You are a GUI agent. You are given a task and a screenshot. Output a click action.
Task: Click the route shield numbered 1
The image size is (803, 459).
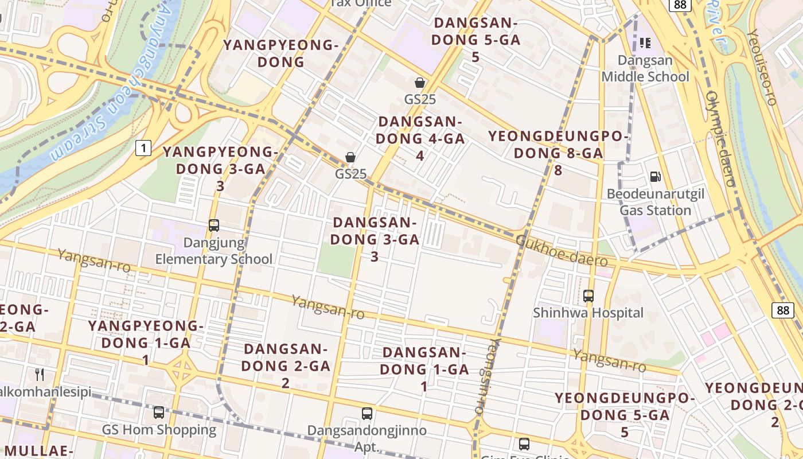[143, 149]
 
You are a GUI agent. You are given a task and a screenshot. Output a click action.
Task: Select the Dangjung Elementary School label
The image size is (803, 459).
[214, 251]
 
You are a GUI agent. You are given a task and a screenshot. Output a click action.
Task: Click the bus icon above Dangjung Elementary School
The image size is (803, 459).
[214, 225]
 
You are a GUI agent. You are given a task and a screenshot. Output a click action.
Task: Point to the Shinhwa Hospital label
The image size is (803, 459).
[588, 313]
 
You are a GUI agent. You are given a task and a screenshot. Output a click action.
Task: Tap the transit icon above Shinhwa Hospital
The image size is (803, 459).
[588, 296]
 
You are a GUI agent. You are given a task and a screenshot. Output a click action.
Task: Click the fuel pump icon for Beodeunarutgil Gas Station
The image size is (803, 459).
[656, 177]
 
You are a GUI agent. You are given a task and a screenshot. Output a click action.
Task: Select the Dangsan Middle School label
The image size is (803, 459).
[645, 68]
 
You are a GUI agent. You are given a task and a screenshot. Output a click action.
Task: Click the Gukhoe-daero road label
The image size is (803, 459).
[562, 250]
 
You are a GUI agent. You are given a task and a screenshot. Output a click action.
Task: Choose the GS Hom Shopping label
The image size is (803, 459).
[159, 429]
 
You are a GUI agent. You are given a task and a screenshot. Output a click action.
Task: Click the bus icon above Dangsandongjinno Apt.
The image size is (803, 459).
[367, 413]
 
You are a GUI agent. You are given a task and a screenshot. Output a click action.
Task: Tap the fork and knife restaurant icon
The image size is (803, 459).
[40, 375]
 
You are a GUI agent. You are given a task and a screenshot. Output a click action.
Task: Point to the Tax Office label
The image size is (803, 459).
[361, 3]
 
